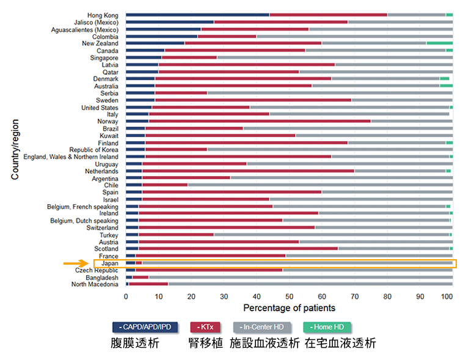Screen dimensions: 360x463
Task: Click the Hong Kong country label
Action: (103, 15)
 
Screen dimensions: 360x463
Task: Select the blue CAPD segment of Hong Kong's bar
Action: (197, 15)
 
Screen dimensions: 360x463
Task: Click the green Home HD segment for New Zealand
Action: (439, 43)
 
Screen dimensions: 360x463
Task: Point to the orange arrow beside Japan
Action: (76, 263)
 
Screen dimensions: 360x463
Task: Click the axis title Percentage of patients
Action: (289, 308)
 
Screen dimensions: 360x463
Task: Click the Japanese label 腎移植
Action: (206, 343)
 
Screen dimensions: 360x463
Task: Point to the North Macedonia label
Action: (95, 284)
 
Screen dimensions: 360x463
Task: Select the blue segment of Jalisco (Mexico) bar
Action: (170, 22)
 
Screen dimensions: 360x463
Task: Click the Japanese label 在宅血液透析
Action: (341, 343)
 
